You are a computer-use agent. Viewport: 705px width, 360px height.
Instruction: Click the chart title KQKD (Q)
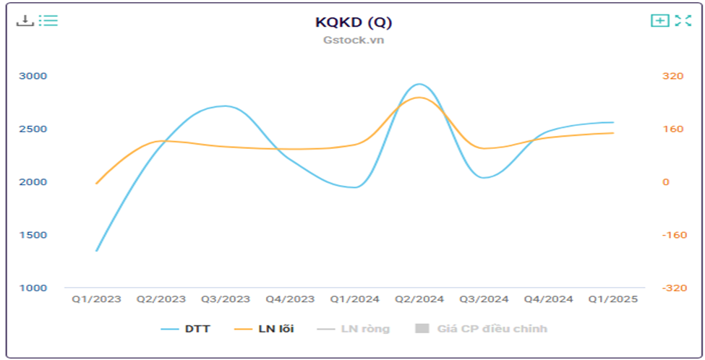354,22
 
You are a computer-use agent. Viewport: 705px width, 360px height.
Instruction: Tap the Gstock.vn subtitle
354,40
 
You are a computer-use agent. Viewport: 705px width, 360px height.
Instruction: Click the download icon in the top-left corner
25,20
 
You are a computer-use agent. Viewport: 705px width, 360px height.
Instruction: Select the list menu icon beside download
48,20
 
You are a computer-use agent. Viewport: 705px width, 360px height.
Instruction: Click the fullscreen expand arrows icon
683,20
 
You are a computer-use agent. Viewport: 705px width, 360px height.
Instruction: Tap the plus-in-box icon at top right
659,20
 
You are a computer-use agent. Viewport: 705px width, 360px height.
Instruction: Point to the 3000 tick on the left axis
33,76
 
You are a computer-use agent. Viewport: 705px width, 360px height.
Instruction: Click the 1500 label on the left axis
33,235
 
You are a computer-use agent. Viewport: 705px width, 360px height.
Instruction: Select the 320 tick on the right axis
673,76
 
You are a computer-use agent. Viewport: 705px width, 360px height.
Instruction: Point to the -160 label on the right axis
673,235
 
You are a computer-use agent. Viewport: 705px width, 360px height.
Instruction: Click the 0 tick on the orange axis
666,182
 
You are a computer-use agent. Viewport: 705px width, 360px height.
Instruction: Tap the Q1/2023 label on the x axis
96,299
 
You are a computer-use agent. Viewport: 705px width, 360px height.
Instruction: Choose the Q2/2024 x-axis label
419,299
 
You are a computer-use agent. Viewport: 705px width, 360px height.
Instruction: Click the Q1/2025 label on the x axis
613,299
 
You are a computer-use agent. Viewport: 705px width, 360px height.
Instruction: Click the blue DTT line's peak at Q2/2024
419,84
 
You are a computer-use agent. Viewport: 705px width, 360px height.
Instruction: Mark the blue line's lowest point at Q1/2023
96,251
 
